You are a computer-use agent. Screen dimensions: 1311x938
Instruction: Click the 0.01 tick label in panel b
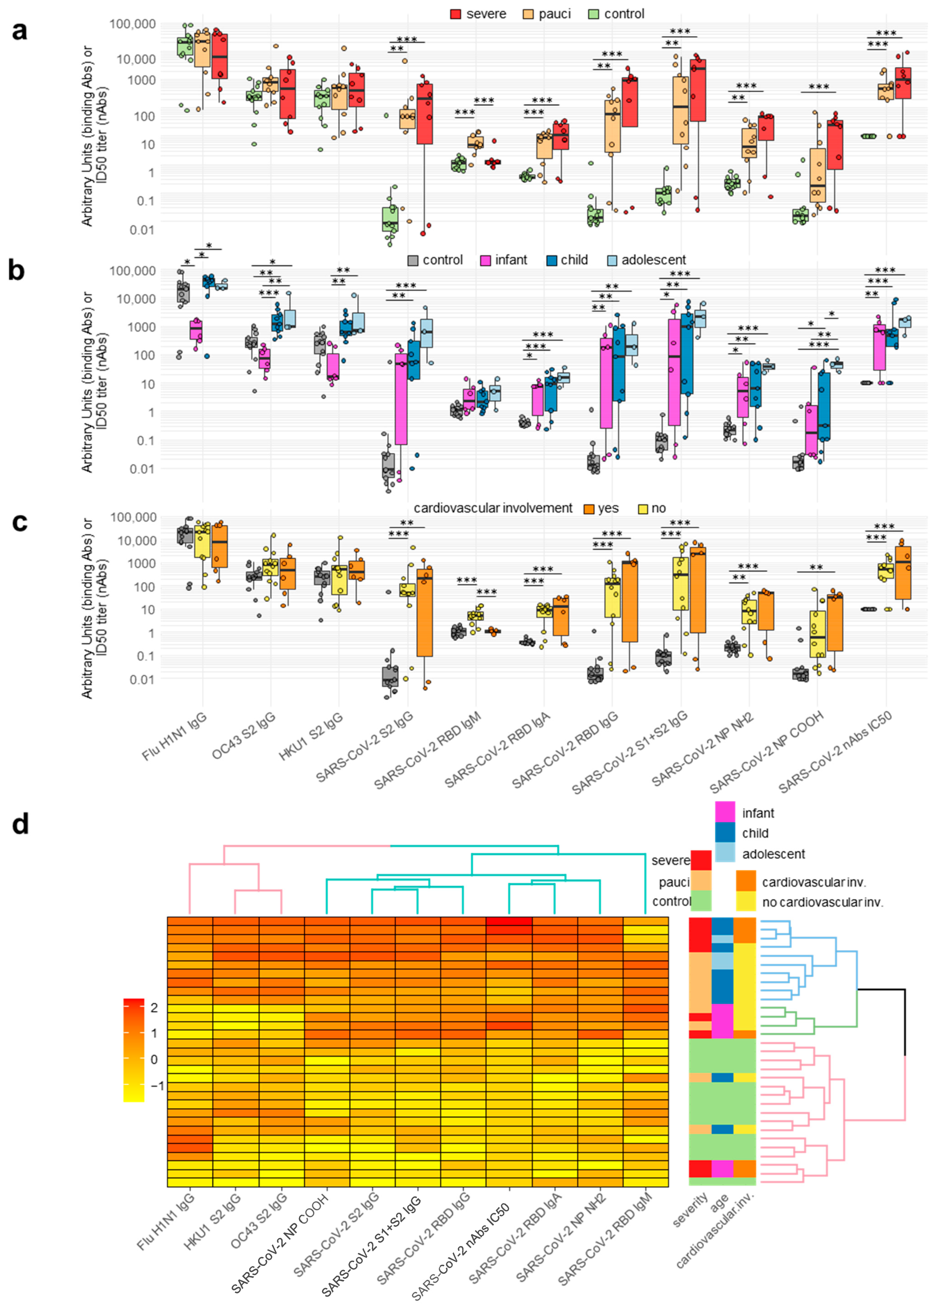(x=142, y=469)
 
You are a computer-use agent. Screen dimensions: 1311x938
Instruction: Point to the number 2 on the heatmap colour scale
(x=154, y=1007)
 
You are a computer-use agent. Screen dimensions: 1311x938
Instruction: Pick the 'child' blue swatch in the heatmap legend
(x=725, y=833)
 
